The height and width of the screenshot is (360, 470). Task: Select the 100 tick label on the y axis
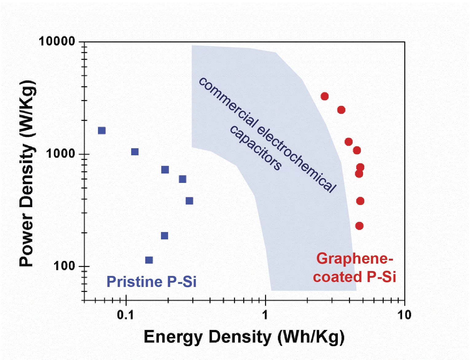[65, 266]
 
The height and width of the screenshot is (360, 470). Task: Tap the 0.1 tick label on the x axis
[126, 315]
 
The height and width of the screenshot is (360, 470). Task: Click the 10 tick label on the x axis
[404, 315]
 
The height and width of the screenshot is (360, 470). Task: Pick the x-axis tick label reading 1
[265, 315]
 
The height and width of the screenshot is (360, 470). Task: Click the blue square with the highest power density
[102, 130]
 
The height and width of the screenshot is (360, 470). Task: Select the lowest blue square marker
[149, 260]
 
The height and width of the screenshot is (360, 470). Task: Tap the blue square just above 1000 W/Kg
[135, 152]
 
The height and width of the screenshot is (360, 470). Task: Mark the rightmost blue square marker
[189, 201]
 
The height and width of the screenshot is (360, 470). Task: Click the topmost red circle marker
[324, 96]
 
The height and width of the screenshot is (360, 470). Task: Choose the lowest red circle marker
[359, 226]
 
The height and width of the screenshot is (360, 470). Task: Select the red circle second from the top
[341, 110]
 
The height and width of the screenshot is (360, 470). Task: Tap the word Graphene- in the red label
[354, 259]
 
